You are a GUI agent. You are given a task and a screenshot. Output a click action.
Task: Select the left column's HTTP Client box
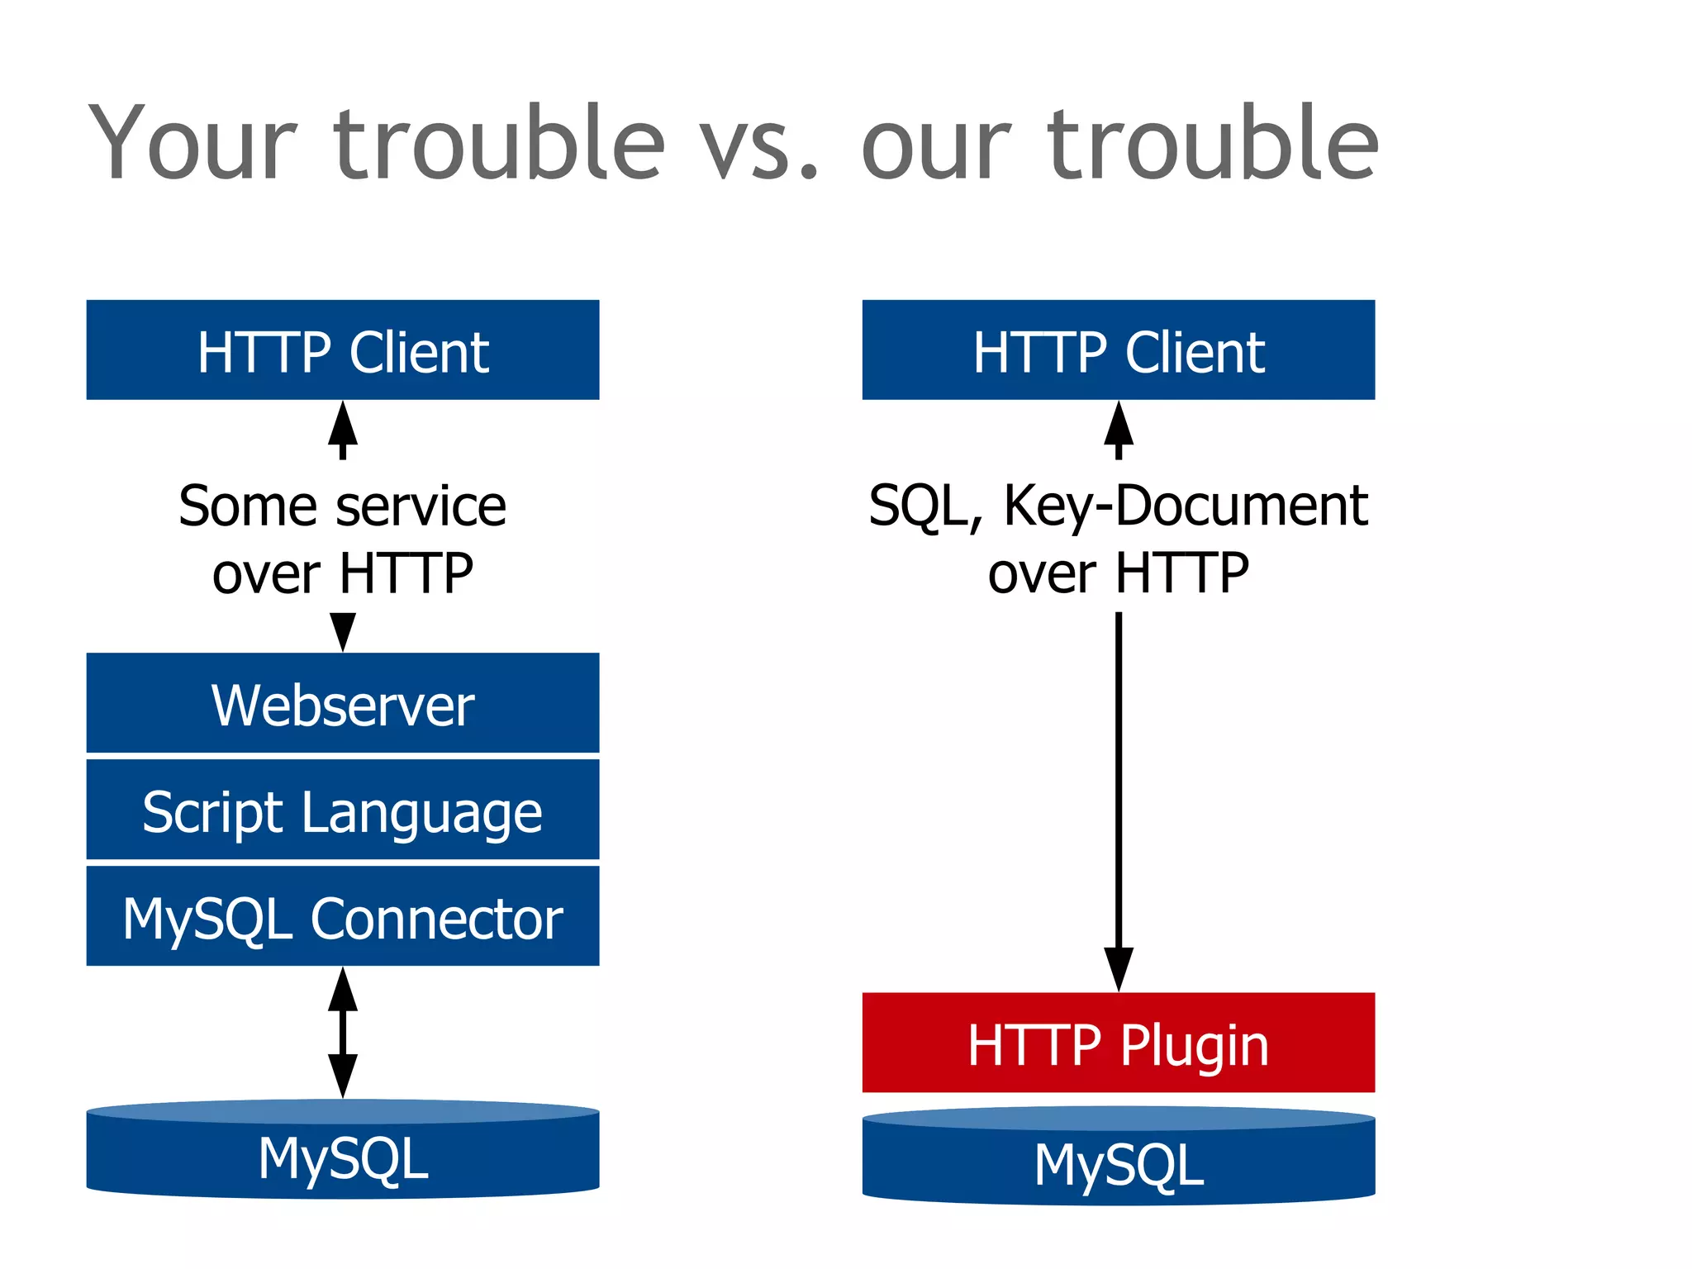[x=342, y=350]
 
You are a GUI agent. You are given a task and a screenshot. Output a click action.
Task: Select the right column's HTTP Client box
[x=1118, y=350]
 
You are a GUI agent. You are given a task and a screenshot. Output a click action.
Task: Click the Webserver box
[x=342, y=703]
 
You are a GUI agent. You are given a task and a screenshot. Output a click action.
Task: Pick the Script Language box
[x=342, y=810]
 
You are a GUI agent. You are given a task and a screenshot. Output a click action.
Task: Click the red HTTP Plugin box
[x=1118, y=1043]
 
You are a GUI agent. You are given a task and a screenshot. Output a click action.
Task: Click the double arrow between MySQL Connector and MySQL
[x=342, y=1032]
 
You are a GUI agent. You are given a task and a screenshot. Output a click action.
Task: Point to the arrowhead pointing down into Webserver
[x=342, y=631]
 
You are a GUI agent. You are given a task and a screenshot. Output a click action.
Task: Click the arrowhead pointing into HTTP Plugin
[x=1118, y=968]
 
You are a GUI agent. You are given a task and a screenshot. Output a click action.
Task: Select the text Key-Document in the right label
[x=1186, y=506]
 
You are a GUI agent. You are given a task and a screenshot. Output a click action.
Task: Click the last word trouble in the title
[x=1213, y=142]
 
